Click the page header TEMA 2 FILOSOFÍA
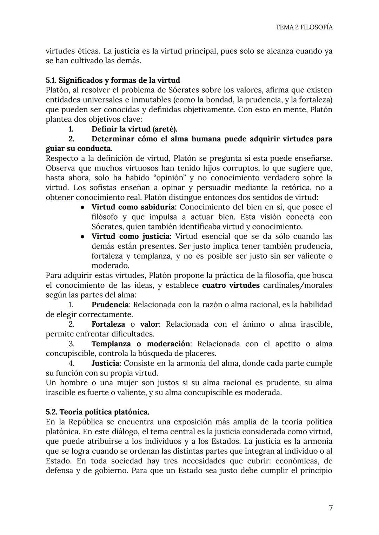[304, 27]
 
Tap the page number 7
[330, 508]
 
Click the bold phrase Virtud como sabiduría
[134, 207]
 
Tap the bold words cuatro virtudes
[231, 285]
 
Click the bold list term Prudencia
[110, 305]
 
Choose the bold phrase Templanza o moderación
[141, 344]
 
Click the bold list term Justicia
[105, 363]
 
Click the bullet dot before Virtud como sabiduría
[82, 207]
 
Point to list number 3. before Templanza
[71, 344]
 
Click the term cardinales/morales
[298, 285]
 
